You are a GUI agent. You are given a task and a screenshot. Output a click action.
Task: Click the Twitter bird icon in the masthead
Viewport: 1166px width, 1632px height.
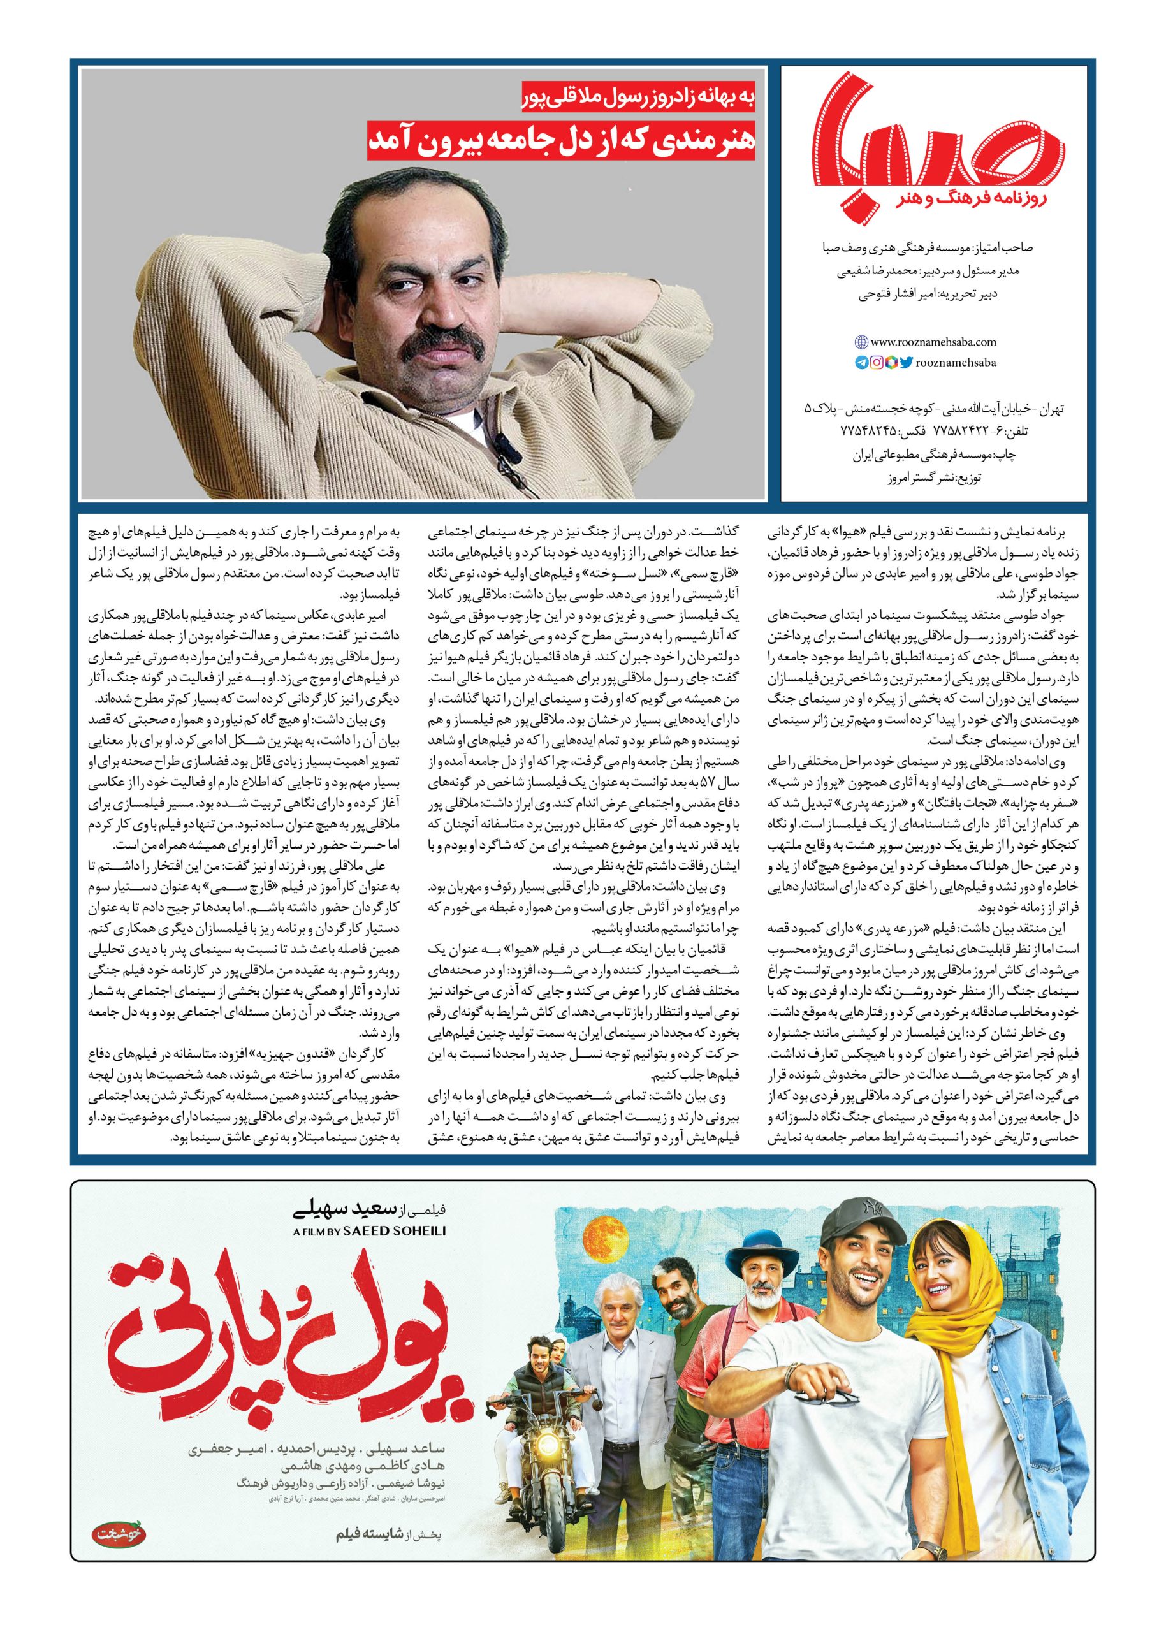pyautogui.click(x=905, y=363)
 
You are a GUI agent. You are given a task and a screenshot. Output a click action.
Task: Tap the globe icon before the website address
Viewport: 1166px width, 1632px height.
pyautogui.click(x=863, y=342)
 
